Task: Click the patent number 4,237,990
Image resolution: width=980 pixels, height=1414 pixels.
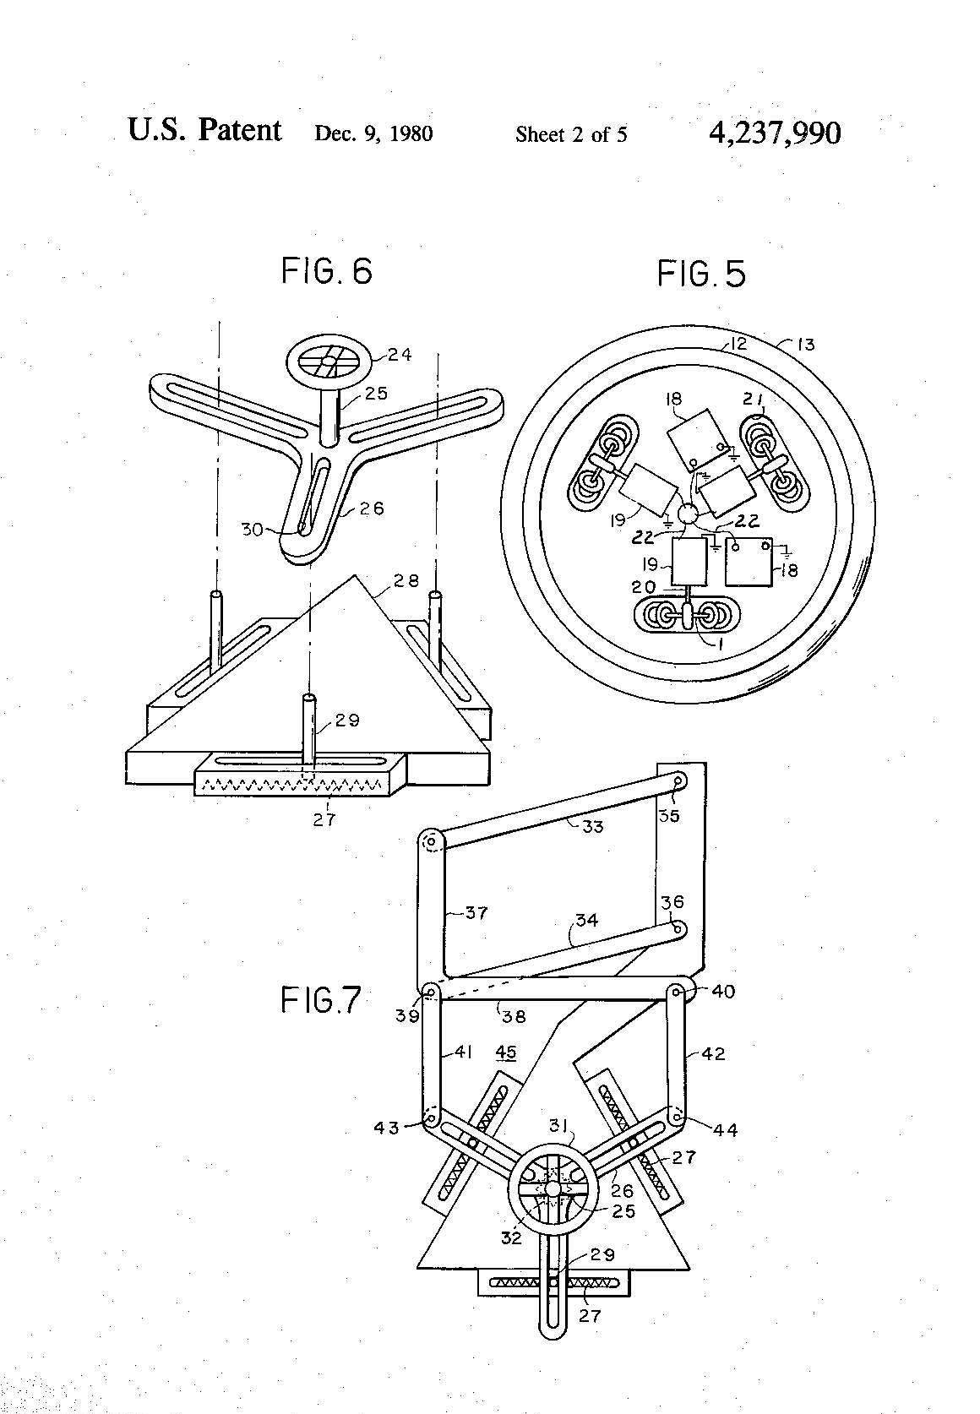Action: click(775, 133)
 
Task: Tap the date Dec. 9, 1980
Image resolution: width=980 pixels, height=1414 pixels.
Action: click(373, 133)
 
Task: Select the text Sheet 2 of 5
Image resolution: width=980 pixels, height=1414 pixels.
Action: click(571, 133)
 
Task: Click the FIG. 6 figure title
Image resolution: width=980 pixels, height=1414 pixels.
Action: click(326, 271)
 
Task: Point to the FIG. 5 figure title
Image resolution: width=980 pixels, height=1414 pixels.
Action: click(701, 274)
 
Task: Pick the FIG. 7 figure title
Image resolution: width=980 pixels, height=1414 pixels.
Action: click(321, 1000)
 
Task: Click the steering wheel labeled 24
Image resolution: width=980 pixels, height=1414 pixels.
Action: click(329, 364)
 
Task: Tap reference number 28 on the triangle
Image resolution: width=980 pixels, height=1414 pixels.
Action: click(406, 580)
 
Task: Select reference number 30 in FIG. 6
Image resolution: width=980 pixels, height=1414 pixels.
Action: click(252, 530)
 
